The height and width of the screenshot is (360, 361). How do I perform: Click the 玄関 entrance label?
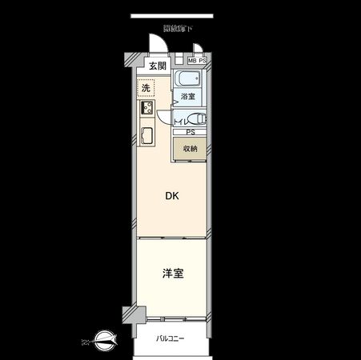(x=157, y=66)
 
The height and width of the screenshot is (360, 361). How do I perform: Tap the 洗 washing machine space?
(x=146, y=88)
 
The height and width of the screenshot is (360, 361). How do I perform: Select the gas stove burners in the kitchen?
(x=147, y=109)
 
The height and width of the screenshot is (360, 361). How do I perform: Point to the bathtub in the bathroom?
(x=190, y=80)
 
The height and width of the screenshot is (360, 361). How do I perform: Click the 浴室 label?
(x=188, y=97)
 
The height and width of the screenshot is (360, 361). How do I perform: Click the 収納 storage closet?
(x=190, y=149)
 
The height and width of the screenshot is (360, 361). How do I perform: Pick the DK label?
(x=171, y=195)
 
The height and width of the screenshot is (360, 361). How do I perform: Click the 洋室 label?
(x=173, y=274)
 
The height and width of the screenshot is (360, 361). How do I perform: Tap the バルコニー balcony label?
(x=170, y=338)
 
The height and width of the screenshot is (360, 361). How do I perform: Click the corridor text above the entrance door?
(x=177, y=29)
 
